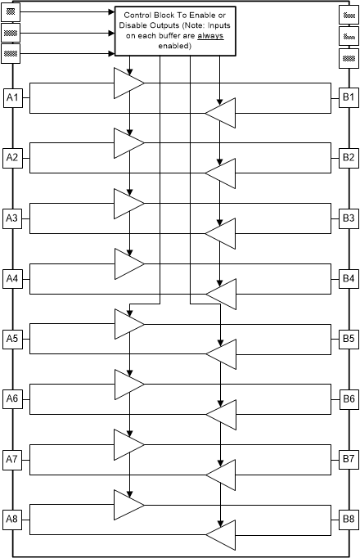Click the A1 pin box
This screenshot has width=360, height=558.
(x=12, y=98)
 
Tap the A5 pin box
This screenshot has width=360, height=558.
(x=12, y=338)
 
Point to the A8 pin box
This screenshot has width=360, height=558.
(x=12, y=519)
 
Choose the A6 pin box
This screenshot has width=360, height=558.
(x=12, y=398)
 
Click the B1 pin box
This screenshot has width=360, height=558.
(x=348, y=98)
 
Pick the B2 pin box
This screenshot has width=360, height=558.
(x=348, y=157)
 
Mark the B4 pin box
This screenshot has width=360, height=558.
(x=348, y=278)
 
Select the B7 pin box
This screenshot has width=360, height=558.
(x=348, y=458)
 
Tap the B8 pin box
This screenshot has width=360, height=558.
(x=348, y=519)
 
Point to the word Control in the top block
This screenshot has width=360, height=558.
(x=137, y=16)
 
